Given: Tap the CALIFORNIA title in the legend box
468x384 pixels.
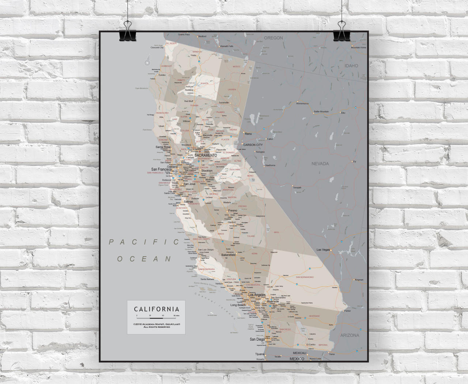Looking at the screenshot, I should (x=156, y=309).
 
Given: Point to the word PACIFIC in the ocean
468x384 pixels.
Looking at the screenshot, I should (x=143, y=242).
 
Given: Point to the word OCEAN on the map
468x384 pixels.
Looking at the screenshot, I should (x=144, y=259).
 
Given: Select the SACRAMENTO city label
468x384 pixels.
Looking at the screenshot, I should (x=205, y=156).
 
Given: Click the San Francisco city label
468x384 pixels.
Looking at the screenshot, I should (x=162, y=169).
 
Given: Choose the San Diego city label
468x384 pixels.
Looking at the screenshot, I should (x=257, y=339).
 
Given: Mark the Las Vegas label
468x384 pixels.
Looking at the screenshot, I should (x=323, y=250).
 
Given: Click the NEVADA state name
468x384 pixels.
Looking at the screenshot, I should (x=320, y=164).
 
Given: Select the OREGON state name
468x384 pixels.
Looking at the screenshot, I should (x=273, y=38).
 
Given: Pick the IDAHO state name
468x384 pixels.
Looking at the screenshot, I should (x=351, y=66).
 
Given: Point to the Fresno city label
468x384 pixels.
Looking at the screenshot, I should (x=232, y=211).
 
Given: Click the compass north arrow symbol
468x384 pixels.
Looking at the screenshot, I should (x=148, y=61).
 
